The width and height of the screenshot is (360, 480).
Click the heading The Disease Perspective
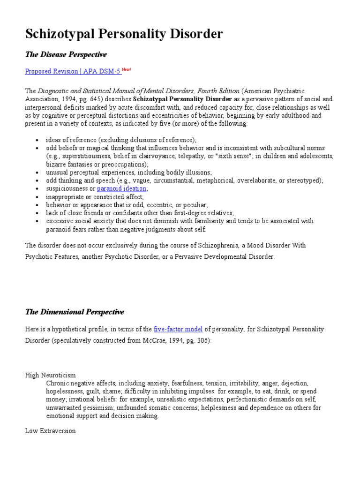point(66,55)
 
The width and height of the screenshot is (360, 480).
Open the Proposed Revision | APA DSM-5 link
point(73,71)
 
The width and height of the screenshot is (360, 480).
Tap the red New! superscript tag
point(127,69)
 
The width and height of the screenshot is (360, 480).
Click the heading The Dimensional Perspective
point(74,312)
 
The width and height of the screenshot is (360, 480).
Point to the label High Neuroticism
point(50,375)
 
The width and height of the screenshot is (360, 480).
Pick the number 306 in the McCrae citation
point(201,341)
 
